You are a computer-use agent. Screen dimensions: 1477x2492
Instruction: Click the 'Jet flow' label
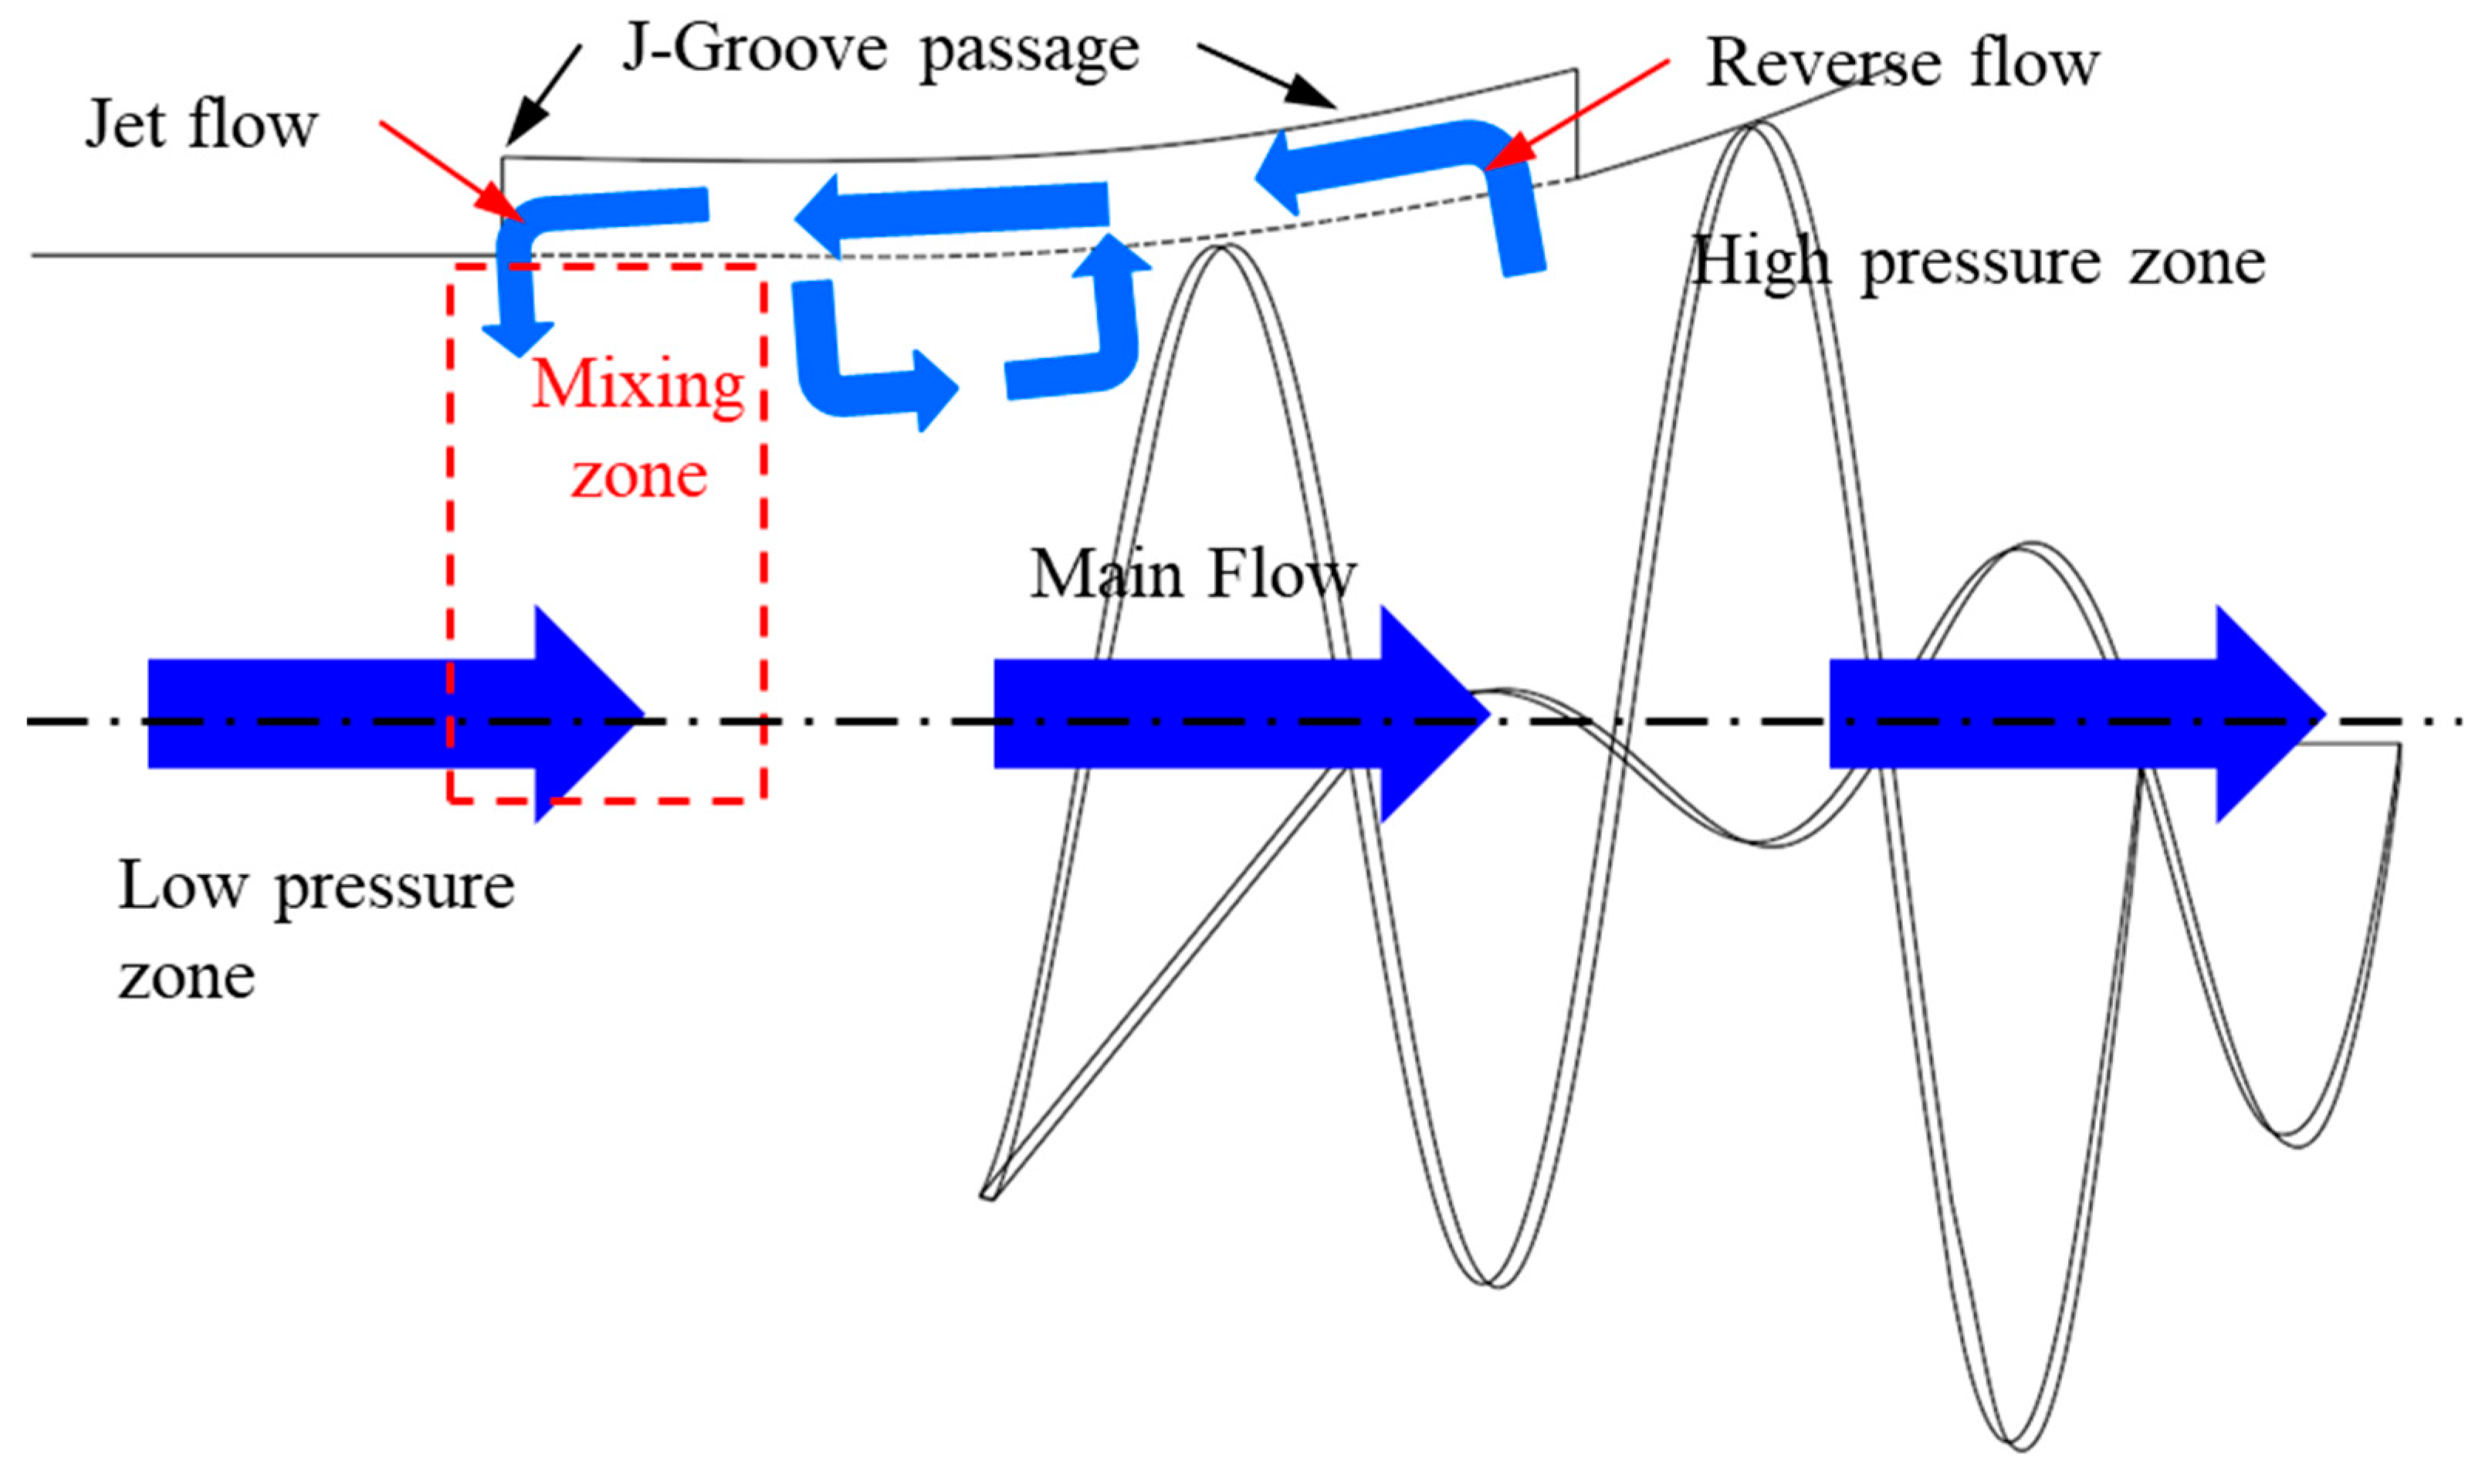(x=201, y=126)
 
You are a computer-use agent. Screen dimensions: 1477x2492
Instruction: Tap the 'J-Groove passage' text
(x=880, y=49)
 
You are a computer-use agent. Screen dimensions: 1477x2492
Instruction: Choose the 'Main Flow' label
(x=1193, y=575)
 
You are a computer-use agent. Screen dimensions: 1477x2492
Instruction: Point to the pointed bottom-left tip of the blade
(x=987, y=1195)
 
